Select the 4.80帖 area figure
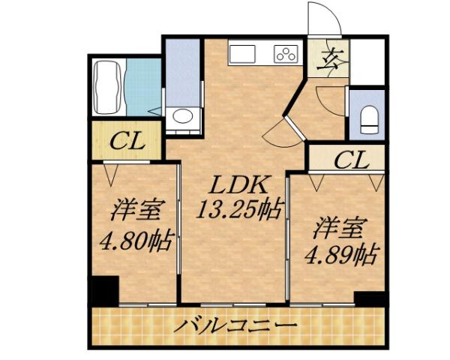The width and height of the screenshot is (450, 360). click(x=136, y=241)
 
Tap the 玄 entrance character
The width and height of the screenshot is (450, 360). click(x=331, y=59)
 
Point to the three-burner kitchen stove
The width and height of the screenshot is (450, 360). click(x=286, y=53)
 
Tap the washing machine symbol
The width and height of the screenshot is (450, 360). click(x=182, y=117)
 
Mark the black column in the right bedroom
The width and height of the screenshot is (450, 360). click(x=370, y=298)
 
